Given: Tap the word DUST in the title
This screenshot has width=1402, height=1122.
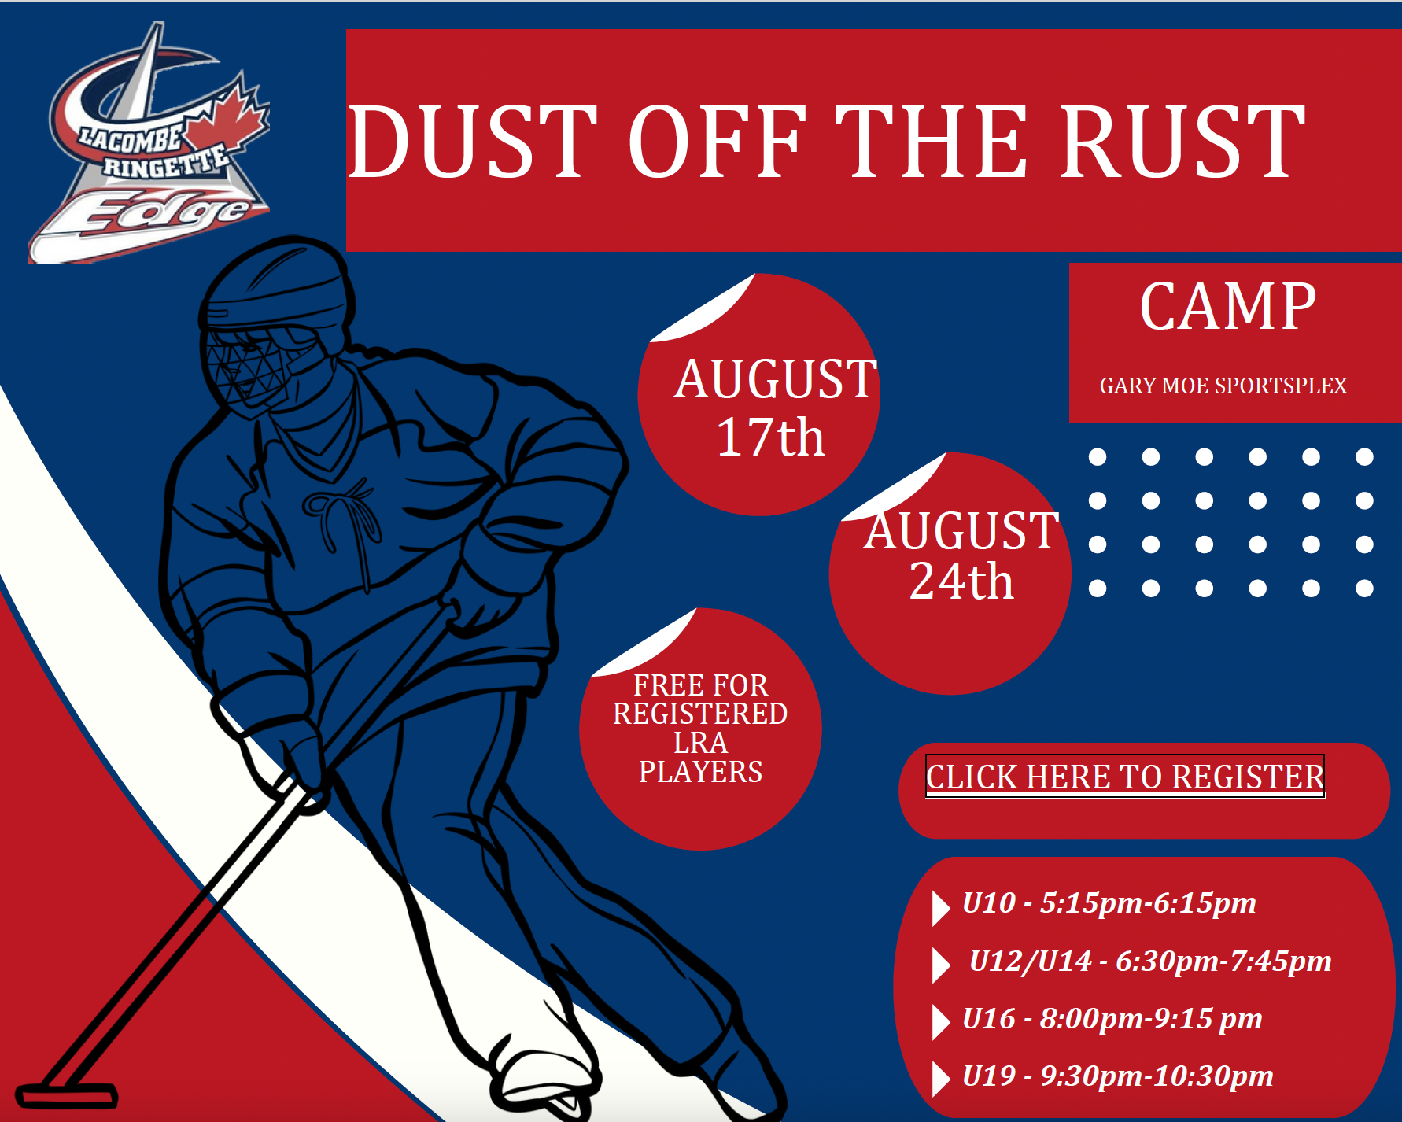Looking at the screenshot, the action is point(472,142).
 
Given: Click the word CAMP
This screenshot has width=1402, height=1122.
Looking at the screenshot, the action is point(1227,307).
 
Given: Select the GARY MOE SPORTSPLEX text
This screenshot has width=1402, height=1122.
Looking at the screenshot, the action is point(1223,386).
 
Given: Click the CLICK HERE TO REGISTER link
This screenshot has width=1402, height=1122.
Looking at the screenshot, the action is point(1125,777).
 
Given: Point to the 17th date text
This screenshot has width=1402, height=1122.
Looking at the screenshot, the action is point(770,437).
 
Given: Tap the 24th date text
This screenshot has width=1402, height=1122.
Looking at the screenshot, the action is point(961,581).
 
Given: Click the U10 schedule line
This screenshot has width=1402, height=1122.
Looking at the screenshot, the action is point(1109,902).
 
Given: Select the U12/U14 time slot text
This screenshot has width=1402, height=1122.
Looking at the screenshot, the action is point(1150,961).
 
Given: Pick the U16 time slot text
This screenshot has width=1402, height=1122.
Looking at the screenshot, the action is point(1112,1018).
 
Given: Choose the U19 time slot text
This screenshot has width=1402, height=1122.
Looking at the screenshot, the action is point(1118,1076).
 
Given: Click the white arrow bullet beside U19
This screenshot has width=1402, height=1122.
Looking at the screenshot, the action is point(941,1079).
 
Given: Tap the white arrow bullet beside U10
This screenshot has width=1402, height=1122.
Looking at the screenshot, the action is point(941,908).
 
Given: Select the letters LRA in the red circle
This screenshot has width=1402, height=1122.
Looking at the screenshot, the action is point(700,743).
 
